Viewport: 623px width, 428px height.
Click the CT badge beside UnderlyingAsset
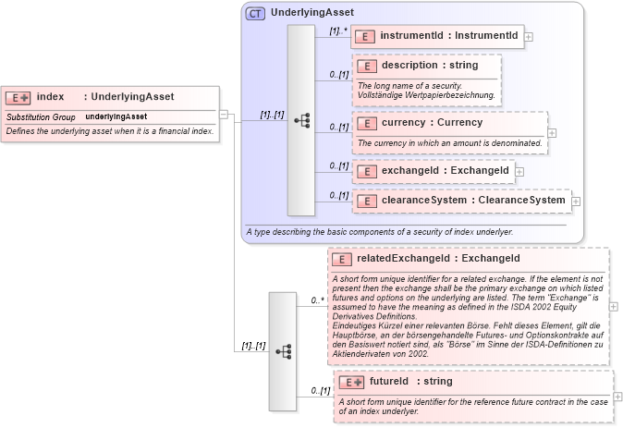254,14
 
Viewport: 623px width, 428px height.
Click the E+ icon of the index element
18,97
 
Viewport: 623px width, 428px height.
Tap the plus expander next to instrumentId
529,37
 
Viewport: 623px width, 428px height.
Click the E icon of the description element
367,67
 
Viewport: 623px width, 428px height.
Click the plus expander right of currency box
552,132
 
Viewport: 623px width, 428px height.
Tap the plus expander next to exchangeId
519,171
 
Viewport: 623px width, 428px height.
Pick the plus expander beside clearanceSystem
575,201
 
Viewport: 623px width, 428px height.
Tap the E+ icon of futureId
351,381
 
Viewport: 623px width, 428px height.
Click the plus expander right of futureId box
617,397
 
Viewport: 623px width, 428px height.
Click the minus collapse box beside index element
223,114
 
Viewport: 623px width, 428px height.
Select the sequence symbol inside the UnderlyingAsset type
301,120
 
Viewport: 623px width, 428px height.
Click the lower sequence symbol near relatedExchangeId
283,351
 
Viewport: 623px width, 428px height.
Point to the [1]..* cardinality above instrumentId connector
338,30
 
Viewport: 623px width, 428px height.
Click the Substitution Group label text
41,117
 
